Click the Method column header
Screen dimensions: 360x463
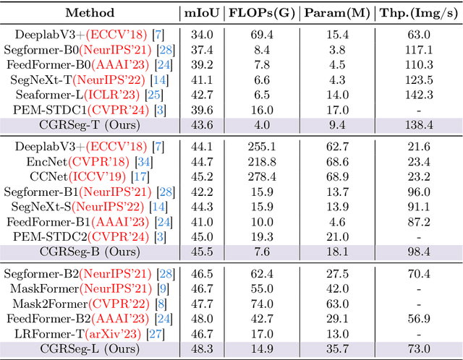click(x=89, y=12)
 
